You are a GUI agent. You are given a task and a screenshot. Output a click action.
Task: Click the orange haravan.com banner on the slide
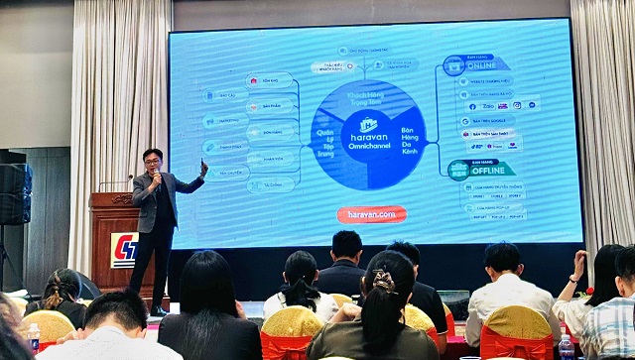point(371,214)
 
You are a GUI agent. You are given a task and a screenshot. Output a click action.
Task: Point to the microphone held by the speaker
point(156,176)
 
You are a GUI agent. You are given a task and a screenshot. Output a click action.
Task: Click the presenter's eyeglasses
point(152,159)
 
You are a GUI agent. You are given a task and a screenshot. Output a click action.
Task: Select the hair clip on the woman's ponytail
point(383,282)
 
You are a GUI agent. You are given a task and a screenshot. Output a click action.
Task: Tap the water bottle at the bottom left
point(34,338)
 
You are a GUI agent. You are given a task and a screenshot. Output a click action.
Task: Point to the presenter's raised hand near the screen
point(204,168)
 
